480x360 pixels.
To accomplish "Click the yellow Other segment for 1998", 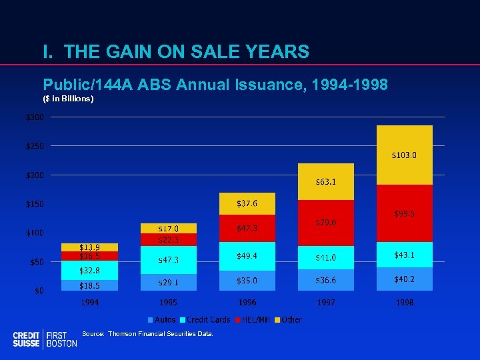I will pyautogui.click(x=405, y=155).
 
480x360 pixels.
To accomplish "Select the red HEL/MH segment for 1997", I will pyautogui.click(x=326, y=223).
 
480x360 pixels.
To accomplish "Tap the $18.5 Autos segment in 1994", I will pyautogui.click(x=89, y=285).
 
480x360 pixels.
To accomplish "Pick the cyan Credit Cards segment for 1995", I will pyautogui.click(x=168, y=260).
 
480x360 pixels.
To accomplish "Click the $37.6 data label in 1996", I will pyautogui.click(x=247, y=203).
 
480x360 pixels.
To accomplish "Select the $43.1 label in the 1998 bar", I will pyautogui.click(x=405, y=255).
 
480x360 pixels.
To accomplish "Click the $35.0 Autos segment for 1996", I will pyautogui.click(x=247, y=281).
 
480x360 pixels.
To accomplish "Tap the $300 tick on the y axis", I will pyautogui.click(x=35, y=117).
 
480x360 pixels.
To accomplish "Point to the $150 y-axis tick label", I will pyautogui.click(x=35, y=204).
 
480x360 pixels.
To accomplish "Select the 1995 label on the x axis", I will pyautogui.click(x=168, y=303).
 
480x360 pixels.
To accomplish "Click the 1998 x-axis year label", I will pyautogui.click(x=405, y=303).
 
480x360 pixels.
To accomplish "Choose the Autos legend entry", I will pyautogui.click(x=162, y=320).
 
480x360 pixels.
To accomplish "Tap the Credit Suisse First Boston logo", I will pyautogui.click(x=45, y=339).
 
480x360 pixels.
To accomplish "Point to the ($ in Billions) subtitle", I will pyautogui.click(x=68, y=99).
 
